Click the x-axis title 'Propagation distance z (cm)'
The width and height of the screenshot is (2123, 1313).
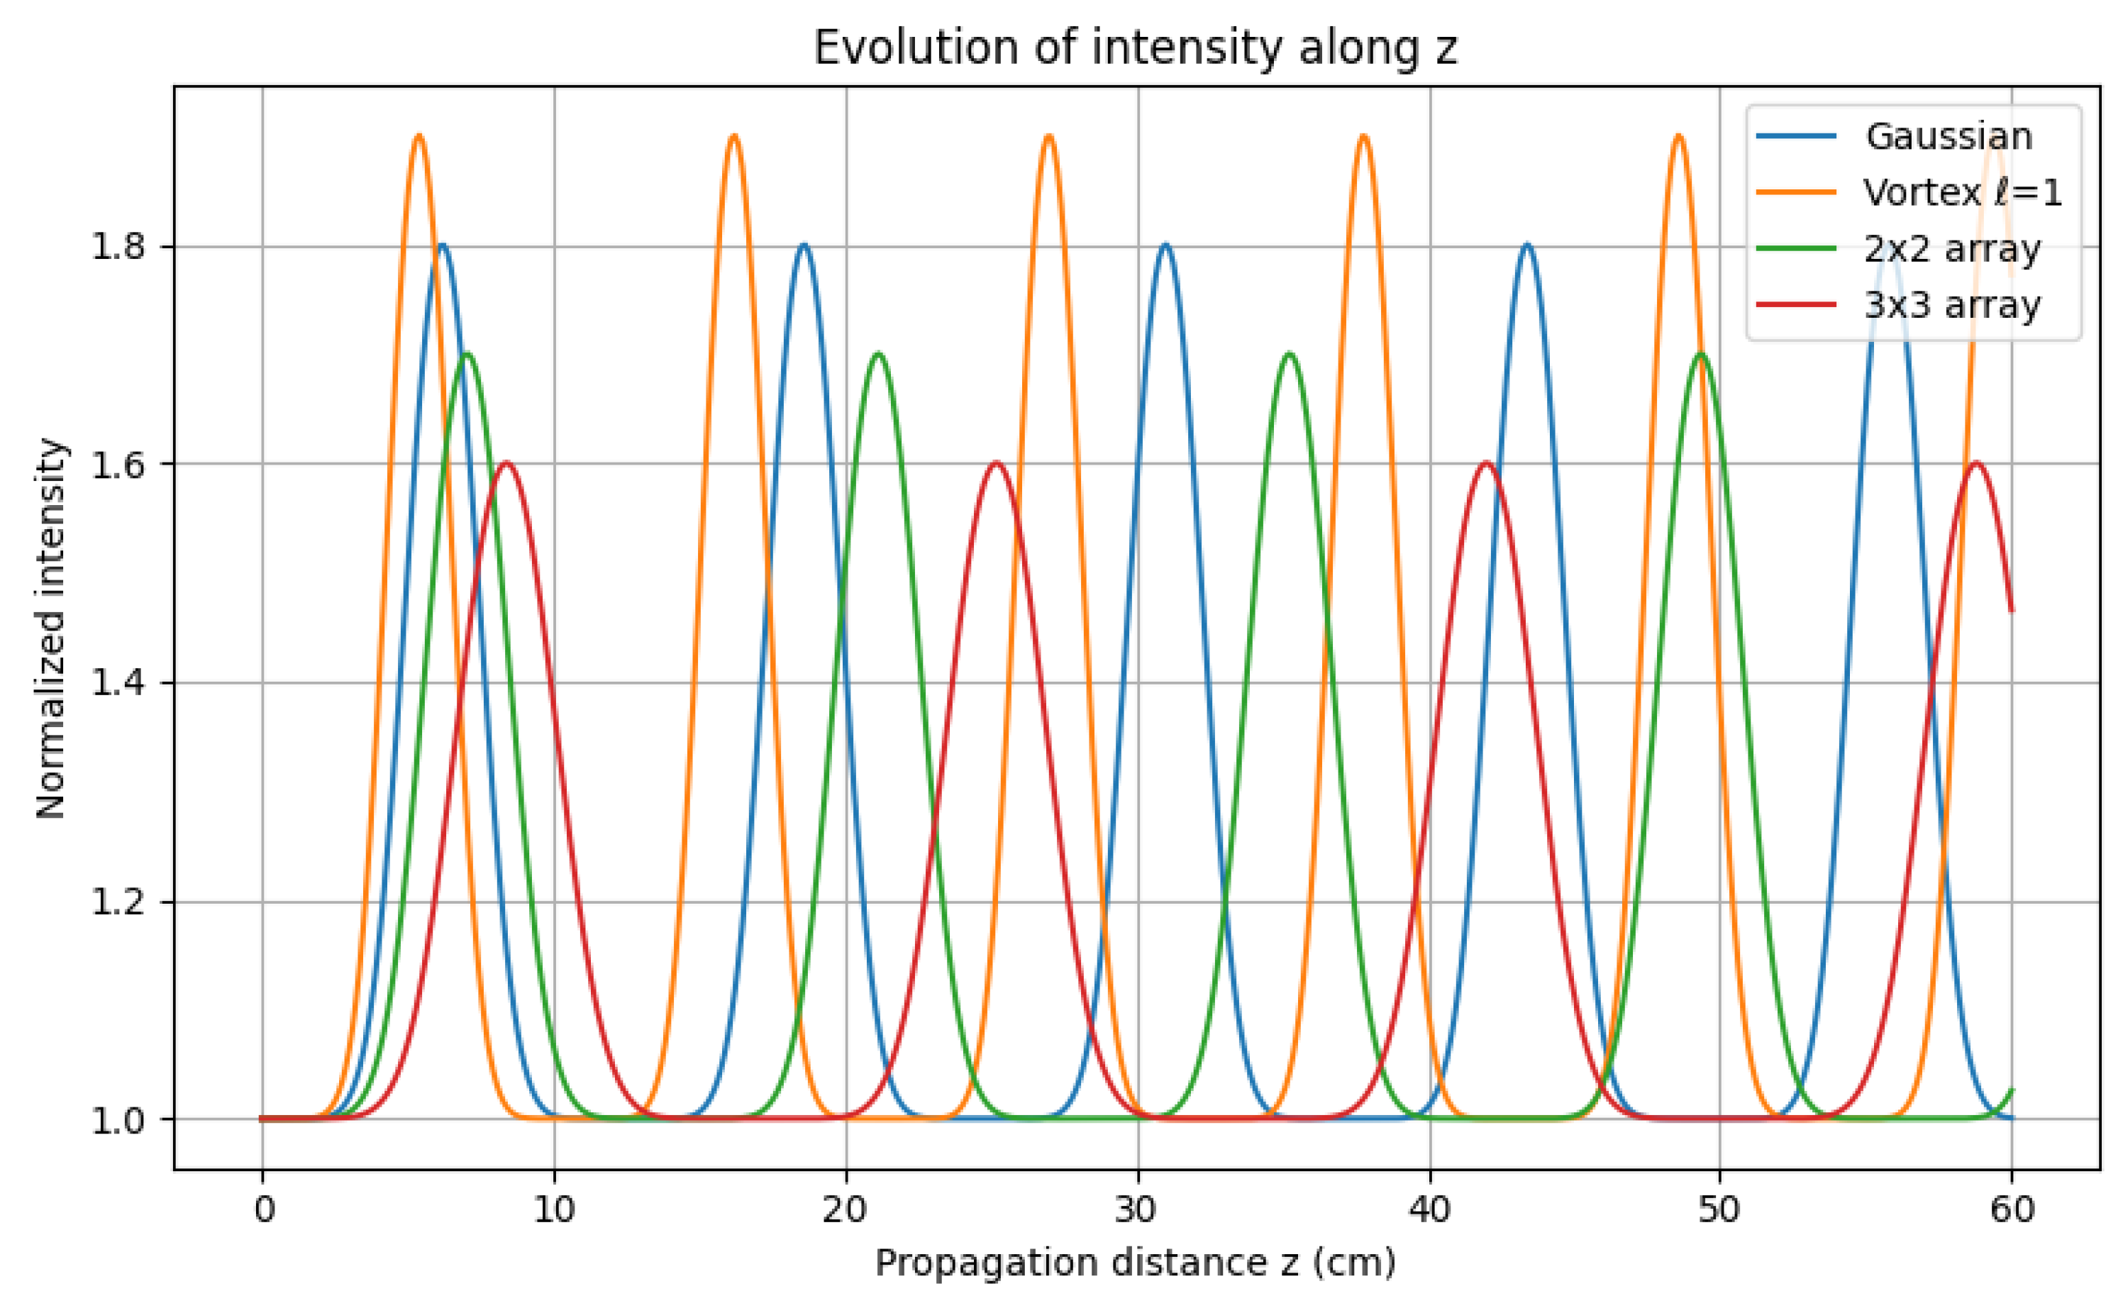point(1135,1263)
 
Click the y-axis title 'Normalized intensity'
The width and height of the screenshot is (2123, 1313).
point(51,628)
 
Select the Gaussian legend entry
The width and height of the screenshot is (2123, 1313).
point(1948,136)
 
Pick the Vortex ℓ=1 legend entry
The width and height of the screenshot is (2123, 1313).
point(1961,192)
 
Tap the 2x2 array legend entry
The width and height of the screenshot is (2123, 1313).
point(1951,248)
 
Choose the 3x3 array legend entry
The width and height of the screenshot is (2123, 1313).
point(1951,305)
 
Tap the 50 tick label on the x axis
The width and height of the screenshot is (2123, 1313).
point(1720,1209)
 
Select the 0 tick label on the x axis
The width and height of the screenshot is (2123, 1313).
point(263,1209)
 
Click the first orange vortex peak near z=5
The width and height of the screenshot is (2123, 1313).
point(419,136)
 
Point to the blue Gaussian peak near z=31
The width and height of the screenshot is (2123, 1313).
point(1165,245)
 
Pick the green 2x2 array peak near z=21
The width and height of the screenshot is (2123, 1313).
point(879,354)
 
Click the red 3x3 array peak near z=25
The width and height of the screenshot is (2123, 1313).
point(996,463)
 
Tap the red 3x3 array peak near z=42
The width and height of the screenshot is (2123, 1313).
point(1487,463)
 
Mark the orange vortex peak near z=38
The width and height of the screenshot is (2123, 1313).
point(1363,136)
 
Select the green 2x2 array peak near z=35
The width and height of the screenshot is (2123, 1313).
point(1290,354)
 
